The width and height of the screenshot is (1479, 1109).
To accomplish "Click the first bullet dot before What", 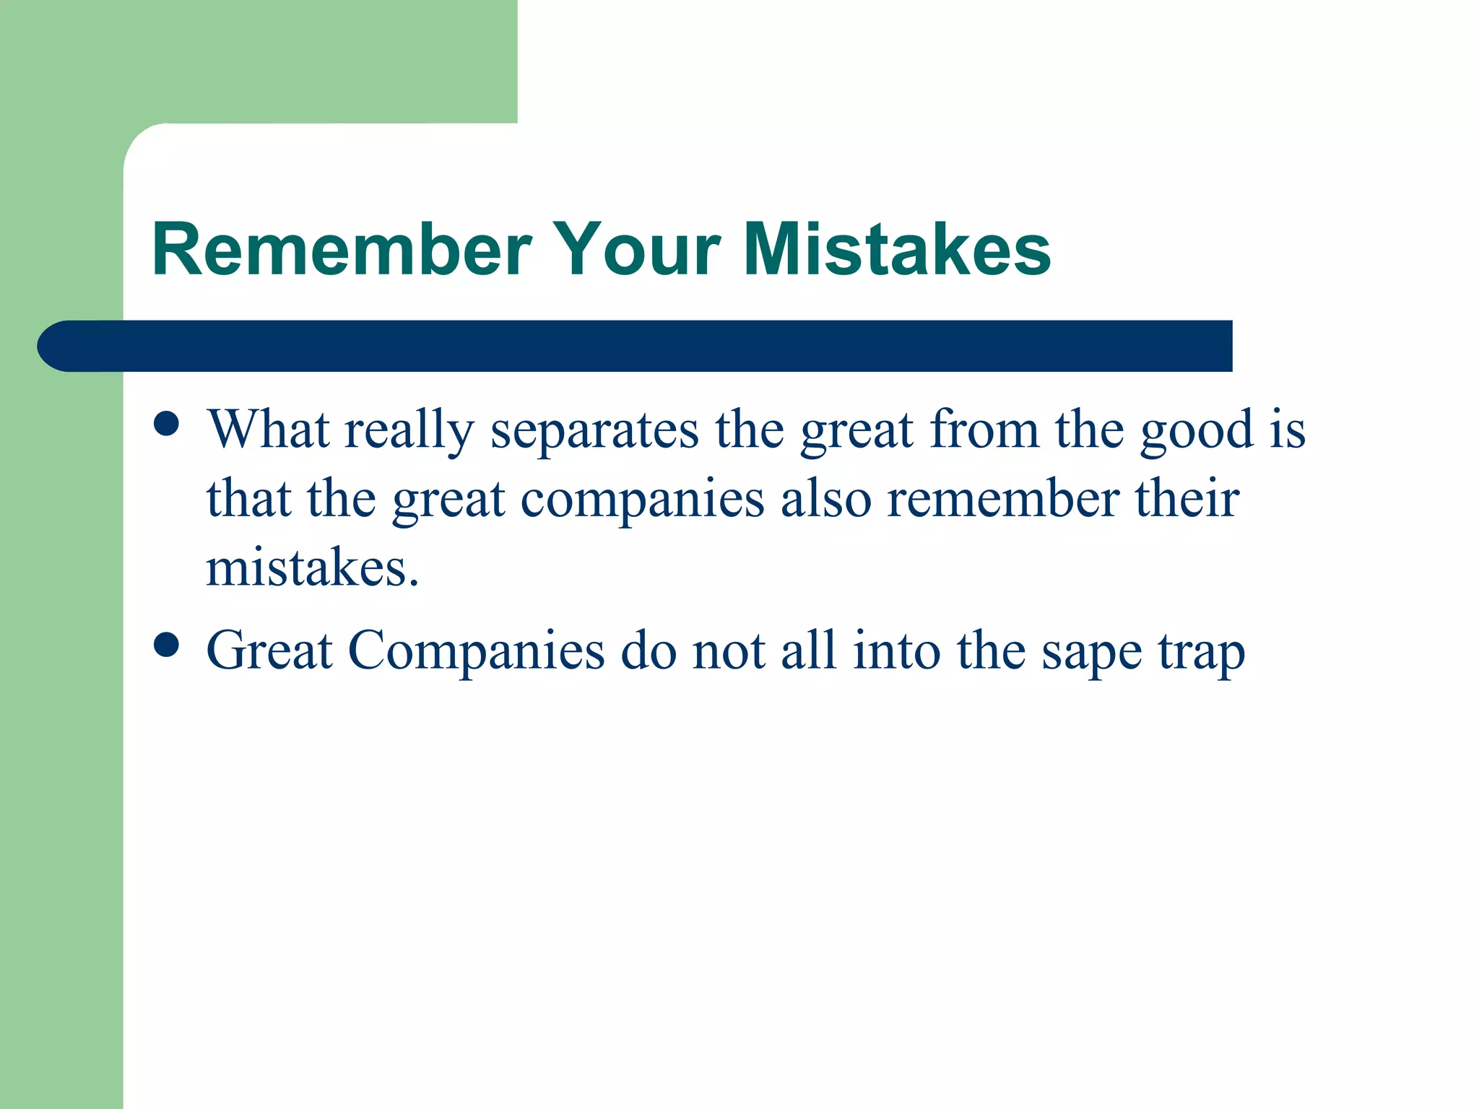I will click(x=167, y=425).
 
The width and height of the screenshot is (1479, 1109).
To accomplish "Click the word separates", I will click(x=594, y=431).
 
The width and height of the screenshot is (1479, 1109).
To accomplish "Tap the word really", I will click(x=409, y=431).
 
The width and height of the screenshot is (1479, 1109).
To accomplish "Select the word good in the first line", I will click(x=1197, y=431).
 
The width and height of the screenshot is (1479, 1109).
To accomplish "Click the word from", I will click(x=984, y=430).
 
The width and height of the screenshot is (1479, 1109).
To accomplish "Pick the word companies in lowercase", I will click(x=642, y=500).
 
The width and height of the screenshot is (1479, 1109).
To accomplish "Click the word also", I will click(x=825, y=499).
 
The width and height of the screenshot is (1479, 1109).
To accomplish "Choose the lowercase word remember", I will click(x=1002, y=499).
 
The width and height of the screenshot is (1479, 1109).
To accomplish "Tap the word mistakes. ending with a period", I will click(x=312, y=568).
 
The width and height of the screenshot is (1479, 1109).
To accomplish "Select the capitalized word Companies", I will click(x=476, y=652).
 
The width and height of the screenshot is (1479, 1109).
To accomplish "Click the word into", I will click(x=896, y=651).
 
